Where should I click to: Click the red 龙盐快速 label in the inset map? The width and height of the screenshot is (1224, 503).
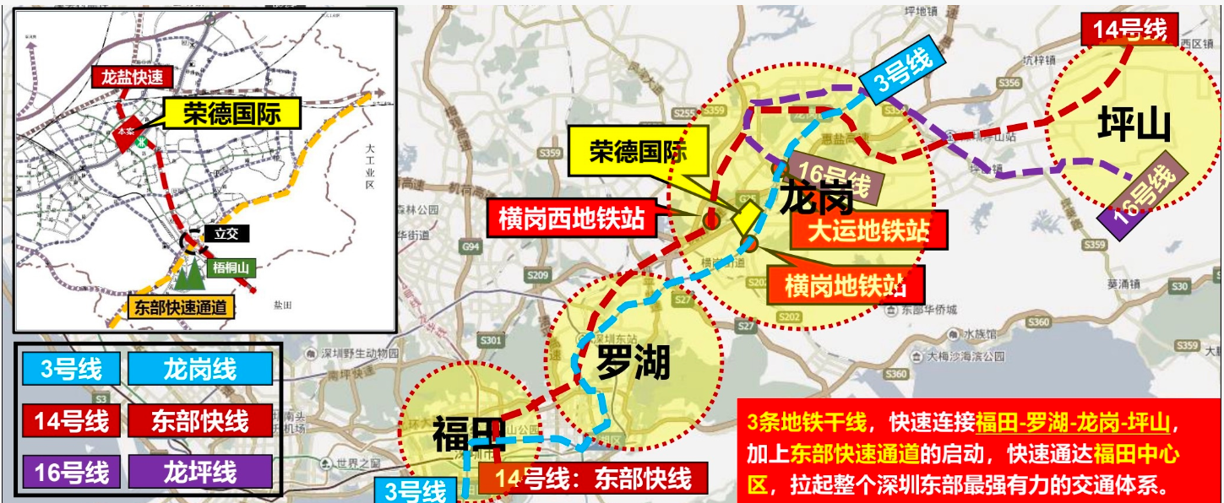tap(132, 77)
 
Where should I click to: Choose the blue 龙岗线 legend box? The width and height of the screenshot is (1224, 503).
tap(200, 369)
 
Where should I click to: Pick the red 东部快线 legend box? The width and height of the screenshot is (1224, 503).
tap(200, 420)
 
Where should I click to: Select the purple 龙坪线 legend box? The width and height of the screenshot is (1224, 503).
tap(200, 472)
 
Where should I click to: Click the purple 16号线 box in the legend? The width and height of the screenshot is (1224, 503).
tap(71, 472)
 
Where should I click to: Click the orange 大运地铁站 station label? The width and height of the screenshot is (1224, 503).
tap(868, 230)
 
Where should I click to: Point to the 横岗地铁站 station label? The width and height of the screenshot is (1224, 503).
tap(845, 285)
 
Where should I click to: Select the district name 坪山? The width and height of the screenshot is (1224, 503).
tap(1134, 127)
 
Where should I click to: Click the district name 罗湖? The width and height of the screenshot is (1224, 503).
tap(633, 364)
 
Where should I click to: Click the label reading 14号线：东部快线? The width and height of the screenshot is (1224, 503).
tap(592, 479)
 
